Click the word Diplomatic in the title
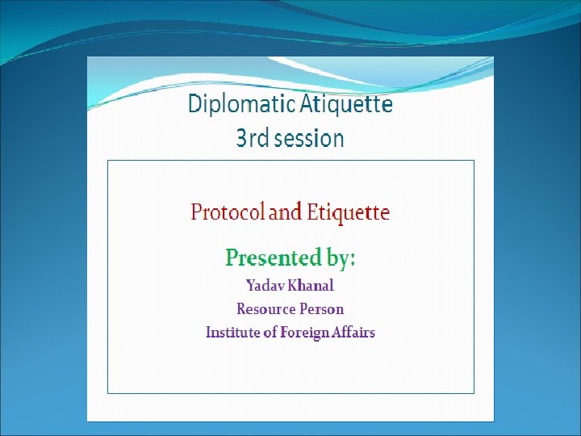pos(232,105)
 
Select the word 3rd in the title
pos(253,139)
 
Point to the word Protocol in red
pos(228,213)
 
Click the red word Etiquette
pos(349,213)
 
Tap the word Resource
pos(265,309)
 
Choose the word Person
pos(322,309)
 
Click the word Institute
pos(233,333)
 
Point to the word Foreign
pos(306,333)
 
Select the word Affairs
pos(356,333)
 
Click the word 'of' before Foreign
pos(270,333)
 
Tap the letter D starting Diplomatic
pos(195,105)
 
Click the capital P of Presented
pos(232,258)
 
